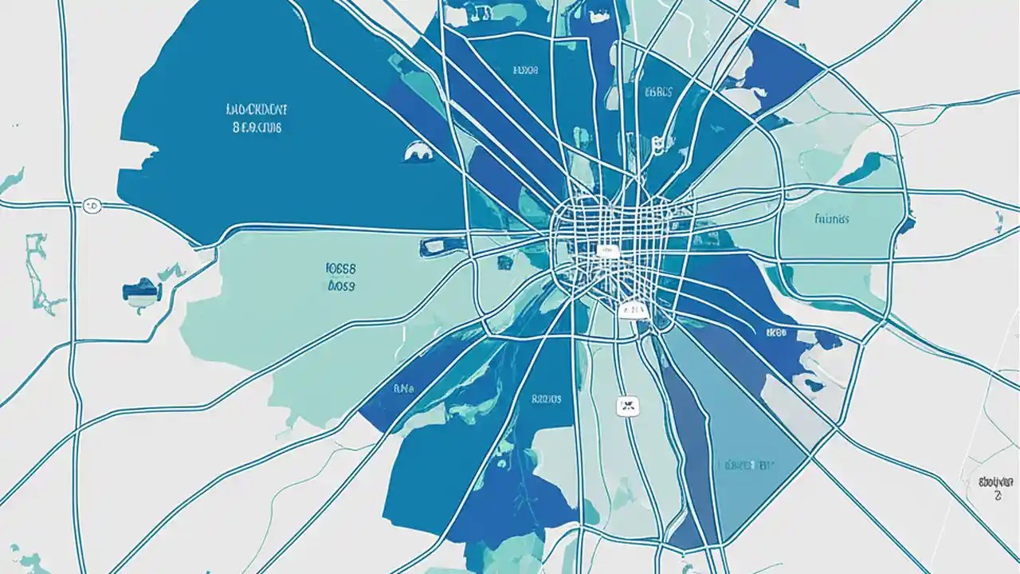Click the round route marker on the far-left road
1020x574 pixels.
coord(92,206)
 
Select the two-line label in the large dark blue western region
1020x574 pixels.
coord(257,116)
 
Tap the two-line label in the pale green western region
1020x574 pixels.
coord(341,277)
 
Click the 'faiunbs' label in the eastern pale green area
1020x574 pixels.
coord(832,218)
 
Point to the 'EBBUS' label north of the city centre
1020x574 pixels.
coord(657,92)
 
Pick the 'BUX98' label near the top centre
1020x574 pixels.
coord(524,70)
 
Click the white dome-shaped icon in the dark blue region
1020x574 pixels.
coord(418,149)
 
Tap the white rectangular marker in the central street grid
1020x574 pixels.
coord(607,251)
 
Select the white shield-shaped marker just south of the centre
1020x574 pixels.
coord(634,309)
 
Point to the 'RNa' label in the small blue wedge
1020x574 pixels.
coord(405,390)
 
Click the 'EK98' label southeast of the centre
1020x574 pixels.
coord(775,332)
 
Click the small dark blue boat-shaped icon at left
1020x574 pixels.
coord(142,289)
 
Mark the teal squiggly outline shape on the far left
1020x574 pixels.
coord(36,272)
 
